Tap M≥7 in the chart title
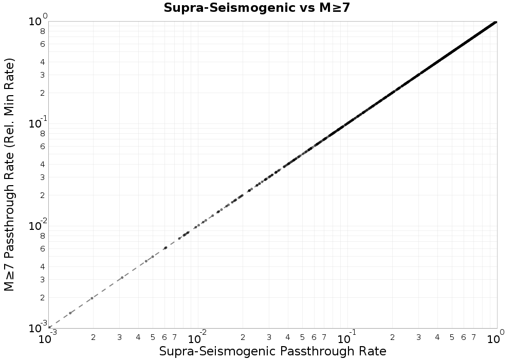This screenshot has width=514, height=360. (x=334, y=8)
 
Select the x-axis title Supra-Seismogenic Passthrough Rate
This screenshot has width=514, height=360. (x=272, y=351)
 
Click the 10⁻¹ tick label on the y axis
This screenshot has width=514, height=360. (x=36, y=123)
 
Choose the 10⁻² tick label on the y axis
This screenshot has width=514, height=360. (x=36, y=226)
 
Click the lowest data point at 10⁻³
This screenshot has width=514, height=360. (x=49, y=328)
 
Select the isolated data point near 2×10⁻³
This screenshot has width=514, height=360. (x=92, y=298)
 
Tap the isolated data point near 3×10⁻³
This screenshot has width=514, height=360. (x=122, y=278)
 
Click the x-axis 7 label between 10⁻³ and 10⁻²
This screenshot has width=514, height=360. (x=175, y=337)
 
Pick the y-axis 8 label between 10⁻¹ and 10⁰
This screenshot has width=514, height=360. (x=43, y=31)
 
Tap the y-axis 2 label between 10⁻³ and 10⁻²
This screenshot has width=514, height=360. (x=43, y=298)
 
